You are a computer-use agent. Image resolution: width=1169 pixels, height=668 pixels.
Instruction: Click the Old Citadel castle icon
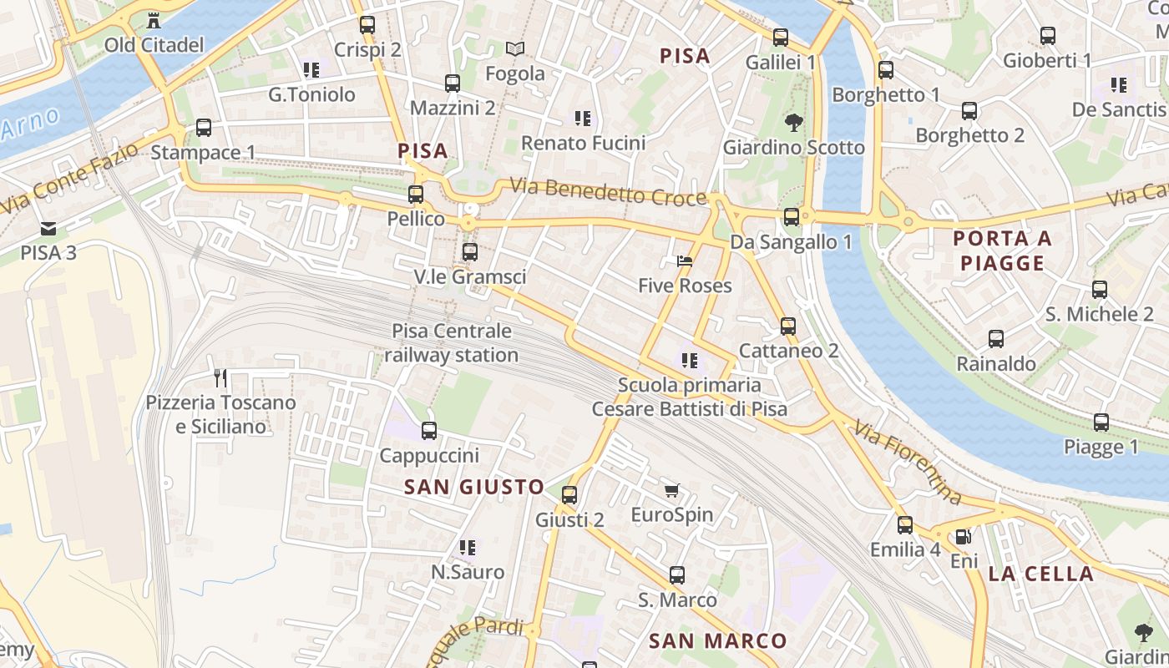(x=154, y=20)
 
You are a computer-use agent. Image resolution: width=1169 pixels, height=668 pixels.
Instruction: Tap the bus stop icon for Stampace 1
(x=203, y=128)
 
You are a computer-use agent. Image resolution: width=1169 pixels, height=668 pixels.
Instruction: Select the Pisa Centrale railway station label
(x=452, y=343)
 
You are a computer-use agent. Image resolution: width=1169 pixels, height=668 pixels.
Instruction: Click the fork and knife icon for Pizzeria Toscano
(x=220, y=378)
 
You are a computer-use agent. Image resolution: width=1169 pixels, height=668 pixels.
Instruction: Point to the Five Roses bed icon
(x=685, y=261)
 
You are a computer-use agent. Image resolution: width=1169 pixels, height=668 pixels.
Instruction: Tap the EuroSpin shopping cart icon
(x=672, y=490)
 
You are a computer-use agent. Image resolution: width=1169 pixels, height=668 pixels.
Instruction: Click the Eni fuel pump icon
(x=963, y=537)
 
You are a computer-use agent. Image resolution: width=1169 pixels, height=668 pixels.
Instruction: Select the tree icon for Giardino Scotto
(x=793, y=123)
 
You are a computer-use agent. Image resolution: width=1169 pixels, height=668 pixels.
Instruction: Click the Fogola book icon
(x=515, y=49)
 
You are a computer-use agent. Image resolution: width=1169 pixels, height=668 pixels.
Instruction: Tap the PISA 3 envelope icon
(x=48, y=228)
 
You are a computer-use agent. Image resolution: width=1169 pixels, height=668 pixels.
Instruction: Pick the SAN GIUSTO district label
(x=474, y=487)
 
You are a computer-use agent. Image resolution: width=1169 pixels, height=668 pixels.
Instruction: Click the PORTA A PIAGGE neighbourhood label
(x=1002, y=250)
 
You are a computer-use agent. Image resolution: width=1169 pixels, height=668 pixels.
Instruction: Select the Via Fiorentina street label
(x=908, y=463)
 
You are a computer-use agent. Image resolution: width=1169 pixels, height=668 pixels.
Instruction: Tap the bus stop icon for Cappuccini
(x=429, y=431)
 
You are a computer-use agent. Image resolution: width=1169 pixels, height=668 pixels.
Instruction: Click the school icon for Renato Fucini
(x=583, y=119)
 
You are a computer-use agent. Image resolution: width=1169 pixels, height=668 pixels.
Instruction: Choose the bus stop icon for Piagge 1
(x=1101, y=423)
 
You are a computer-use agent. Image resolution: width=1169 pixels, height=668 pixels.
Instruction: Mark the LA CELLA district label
(x=1040, y=574)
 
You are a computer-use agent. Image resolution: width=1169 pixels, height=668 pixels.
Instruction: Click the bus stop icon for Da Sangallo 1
(x=792, y=217)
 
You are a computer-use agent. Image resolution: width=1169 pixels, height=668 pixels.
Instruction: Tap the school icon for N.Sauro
(x=468, y=548)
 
